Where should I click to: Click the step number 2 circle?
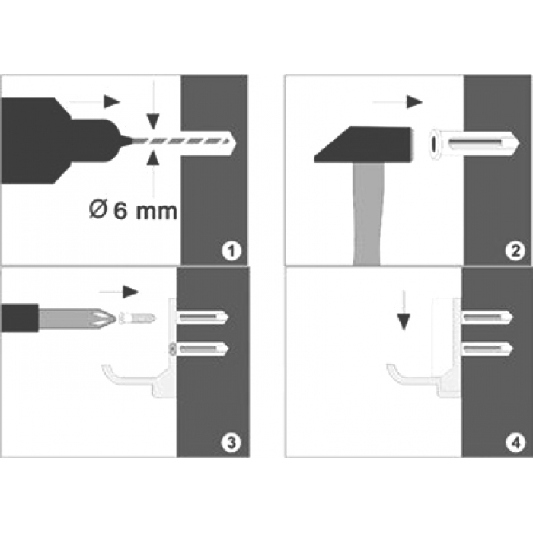coord(516,249)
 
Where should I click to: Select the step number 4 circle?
coord(516,441)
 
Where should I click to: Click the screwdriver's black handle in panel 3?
coord(19,316)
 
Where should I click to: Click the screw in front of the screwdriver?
coord(137,316)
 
